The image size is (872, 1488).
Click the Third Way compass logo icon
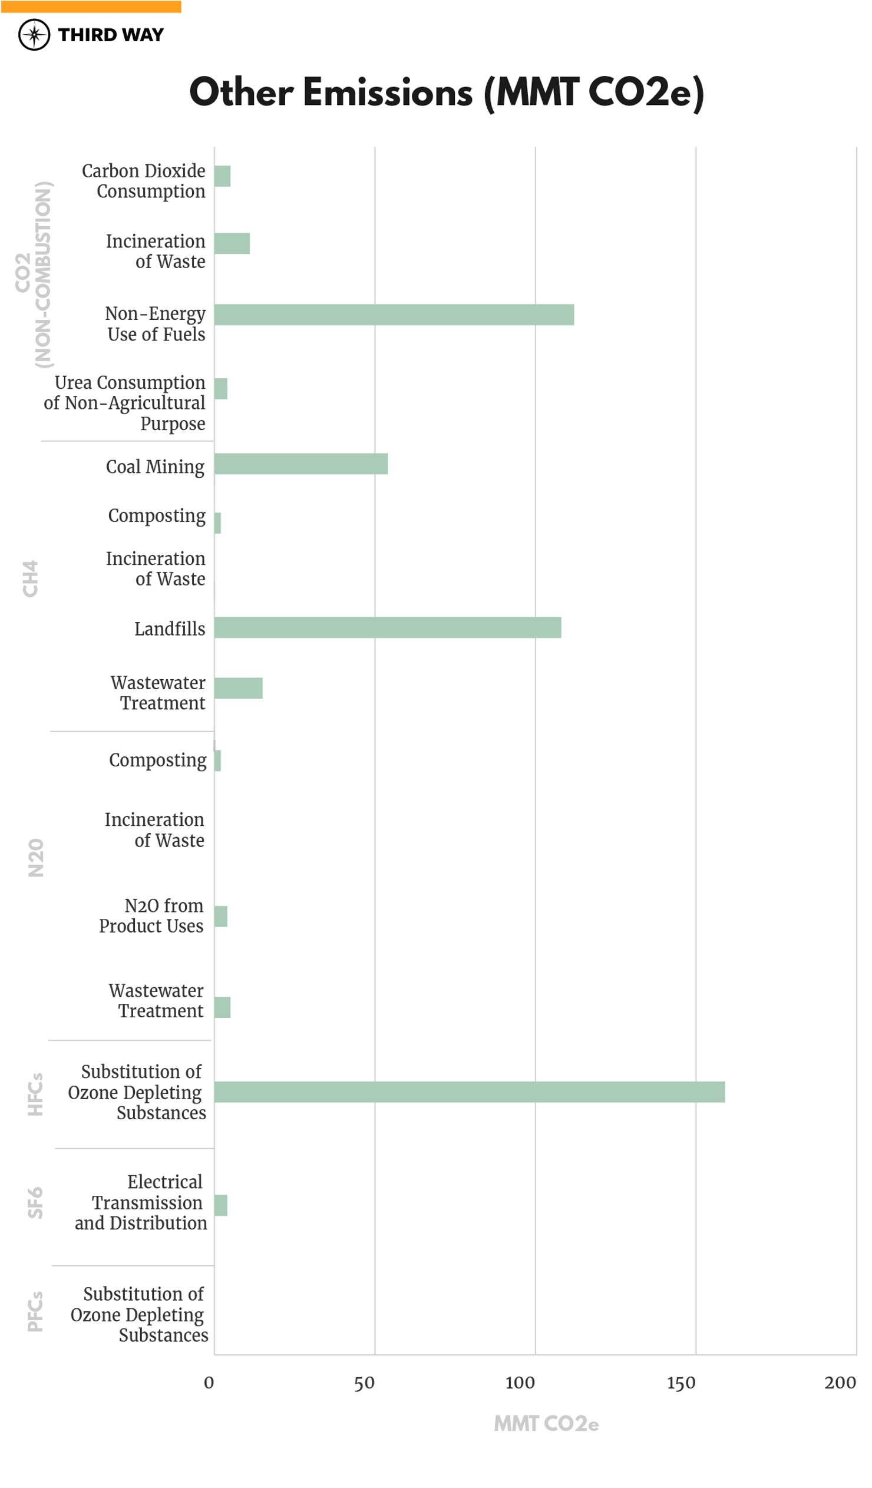pyautogui.click(x=34, y=35)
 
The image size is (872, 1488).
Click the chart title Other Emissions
pyautogui.click(x=446, y=92)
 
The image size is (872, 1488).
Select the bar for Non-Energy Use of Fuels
pyautogui.click(x=394, y=315)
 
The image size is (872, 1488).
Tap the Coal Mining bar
pyautogui.click(x=300, y=464)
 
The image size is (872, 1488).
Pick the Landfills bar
pyautogui.click(x=388, y=628)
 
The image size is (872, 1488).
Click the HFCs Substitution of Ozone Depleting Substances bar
pyautogui.click(x=469, y=1092)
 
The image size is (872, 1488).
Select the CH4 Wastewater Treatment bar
pyautogui.click(x=238, y=689)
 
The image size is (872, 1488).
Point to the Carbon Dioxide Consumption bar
pyautogui.click(x=222, y=176)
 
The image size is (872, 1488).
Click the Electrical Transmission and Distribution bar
pyautogui.click(x=220, y=1205)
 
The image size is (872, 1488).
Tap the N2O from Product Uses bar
pyautogui.click(x=220, y=917)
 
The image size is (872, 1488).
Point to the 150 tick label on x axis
pyautogui.click(x=681, y=1384)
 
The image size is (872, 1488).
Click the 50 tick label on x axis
pyautogui.click(x=364, y=1384)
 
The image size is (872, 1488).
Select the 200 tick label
pyautogui.click(x=840, y=1384)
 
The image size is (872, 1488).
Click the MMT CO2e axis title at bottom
pyautogui.click(x=546, y=1424)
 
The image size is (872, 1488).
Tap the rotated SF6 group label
pyautogui.click(x=35, y=1203)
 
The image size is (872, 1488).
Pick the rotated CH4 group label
pyautogui.click(x=30, y=578)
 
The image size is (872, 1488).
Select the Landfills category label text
pyautogui.click(x=170, y=629)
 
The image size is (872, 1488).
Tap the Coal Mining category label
pyautogui.click(x=155, y=467)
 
